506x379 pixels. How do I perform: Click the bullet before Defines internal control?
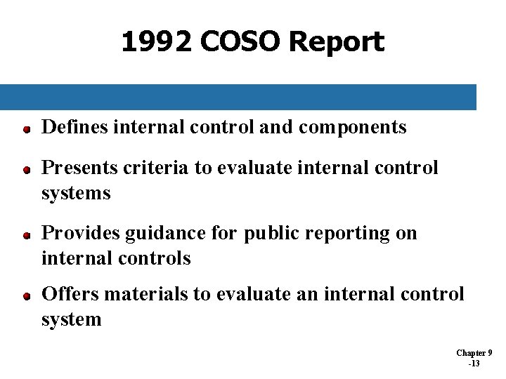tap(25, 129)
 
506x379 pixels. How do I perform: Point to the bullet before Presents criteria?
tap(25, 170)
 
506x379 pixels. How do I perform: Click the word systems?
tap(76, 193)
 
